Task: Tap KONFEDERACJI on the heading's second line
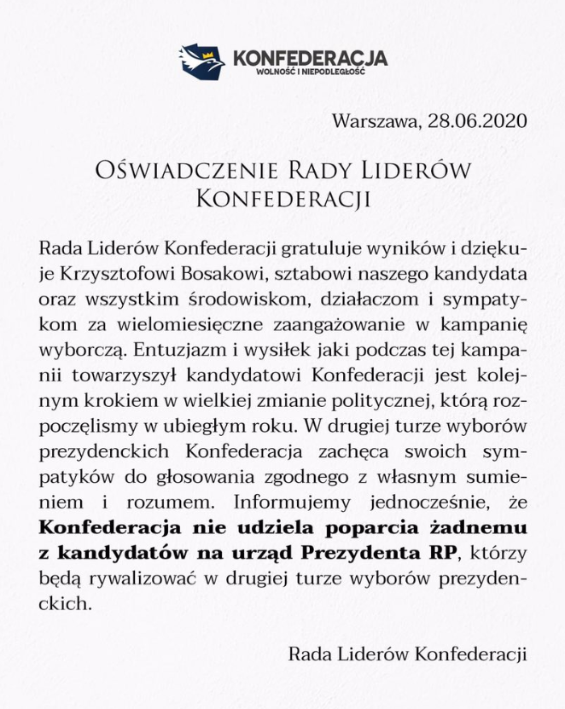[282, 199]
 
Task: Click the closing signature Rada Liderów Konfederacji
[408, 654]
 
